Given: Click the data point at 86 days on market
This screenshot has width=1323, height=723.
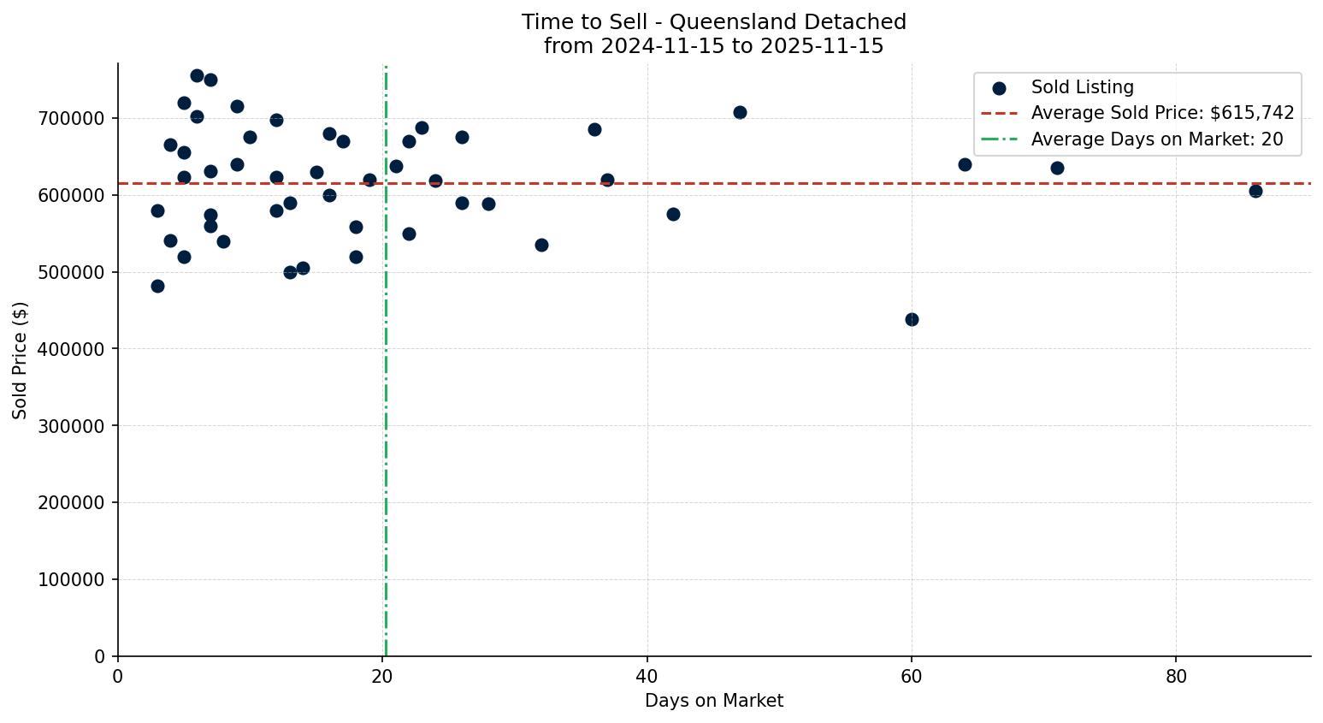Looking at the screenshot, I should coord(1255,191).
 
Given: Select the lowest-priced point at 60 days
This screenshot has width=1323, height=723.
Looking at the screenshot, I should coord(912,319).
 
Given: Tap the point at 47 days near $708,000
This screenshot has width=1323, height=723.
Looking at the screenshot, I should coord(740,112).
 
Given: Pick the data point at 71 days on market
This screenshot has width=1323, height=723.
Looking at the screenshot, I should coord(1057,168).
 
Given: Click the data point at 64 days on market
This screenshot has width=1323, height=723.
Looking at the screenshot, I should coord(965,164).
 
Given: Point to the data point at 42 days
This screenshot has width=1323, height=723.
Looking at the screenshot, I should coord(673,214).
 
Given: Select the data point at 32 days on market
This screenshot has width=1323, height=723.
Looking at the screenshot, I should coord(541,245).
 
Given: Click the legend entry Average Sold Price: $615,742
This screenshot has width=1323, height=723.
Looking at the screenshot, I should coord(1162,113).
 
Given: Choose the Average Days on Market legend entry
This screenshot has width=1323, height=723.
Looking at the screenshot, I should coord(1156,139).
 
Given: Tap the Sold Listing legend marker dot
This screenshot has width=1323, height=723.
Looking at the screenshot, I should coord(999,87).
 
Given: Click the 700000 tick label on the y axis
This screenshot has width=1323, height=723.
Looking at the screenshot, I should coord(72,118).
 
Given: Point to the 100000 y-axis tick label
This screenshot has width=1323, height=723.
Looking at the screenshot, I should coord(72,579).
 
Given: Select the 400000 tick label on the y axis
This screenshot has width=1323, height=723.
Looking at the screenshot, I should coord(72,349).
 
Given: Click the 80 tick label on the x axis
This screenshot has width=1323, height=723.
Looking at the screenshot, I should coord(1176,676).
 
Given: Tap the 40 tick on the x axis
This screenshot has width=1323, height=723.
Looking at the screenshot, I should coord(647,676).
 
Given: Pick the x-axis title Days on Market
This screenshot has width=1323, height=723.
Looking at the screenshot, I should coord(714,701).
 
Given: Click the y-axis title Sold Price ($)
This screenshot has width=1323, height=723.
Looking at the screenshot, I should coord(20,359).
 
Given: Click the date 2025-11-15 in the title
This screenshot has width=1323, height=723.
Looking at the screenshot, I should coord(828,46).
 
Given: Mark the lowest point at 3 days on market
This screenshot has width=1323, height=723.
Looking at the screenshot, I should coord(157,286).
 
